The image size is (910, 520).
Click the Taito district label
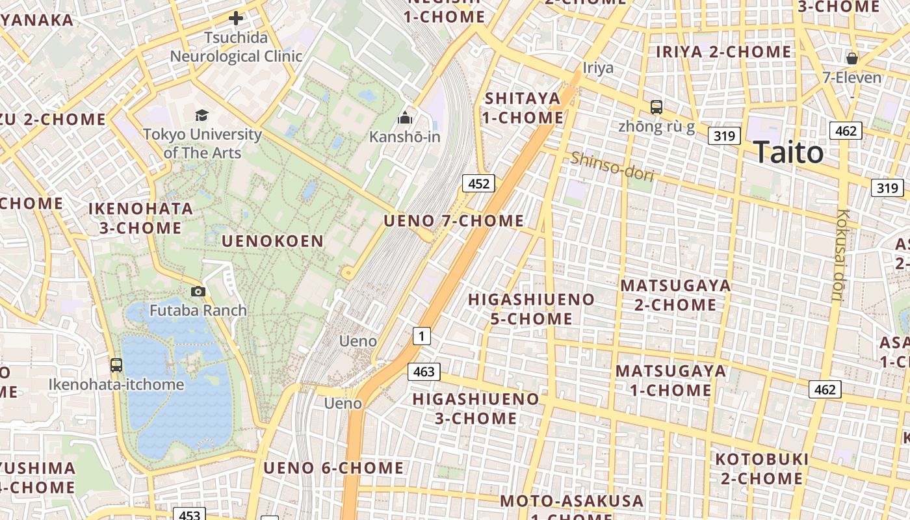[788, 153]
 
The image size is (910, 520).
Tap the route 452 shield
[478, 183]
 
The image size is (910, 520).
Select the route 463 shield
[424, 372]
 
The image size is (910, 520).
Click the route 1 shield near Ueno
[422, 336]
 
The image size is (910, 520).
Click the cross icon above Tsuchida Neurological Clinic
[236, 18]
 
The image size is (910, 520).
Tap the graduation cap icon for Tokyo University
[202, 116]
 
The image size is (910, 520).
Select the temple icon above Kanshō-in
[405, 118]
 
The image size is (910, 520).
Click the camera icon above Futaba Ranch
[198, 291]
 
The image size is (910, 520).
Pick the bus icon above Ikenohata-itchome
[116, 365]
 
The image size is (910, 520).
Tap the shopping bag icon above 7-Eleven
[852, 58]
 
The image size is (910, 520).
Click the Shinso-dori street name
[612, 165]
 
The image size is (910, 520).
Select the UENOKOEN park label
[272, 241]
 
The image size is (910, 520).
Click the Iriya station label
[598, 68]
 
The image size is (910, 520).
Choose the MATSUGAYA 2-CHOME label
[675, 295]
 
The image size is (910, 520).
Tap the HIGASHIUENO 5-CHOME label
[531, 309]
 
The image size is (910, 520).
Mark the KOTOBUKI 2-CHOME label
[762, 469]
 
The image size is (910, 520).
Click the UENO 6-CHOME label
[333, 468]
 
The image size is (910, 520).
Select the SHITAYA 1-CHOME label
[523, 108]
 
